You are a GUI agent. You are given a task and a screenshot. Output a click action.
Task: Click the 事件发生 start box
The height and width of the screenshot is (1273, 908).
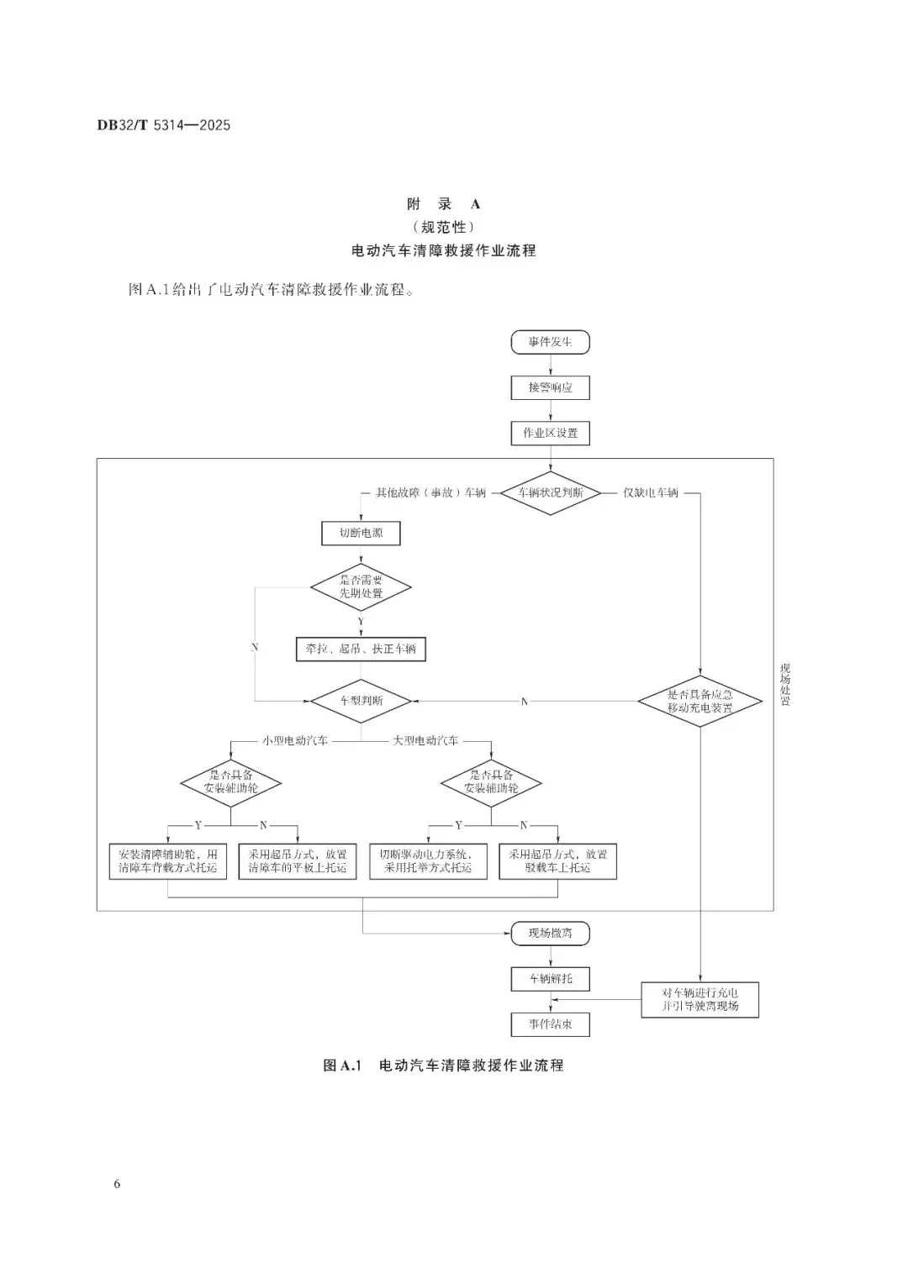[551, 342]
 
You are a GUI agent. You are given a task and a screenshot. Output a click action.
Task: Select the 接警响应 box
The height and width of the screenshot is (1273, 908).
[551, 387]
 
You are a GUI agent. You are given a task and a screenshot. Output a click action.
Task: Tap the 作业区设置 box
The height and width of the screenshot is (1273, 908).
[551, 434]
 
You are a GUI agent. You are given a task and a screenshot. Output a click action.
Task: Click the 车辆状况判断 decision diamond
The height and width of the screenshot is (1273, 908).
[551, 492]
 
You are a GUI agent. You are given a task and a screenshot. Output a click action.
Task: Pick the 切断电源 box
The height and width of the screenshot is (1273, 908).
[361, 533]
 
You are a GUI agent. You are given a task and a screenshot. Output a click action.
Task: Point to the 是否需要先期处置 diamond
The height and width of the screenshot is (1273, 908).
[361, 587]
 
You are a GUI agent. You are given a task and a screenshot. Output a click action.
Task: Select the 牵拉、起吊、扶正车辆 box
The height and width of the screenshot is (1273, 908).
[361, 649]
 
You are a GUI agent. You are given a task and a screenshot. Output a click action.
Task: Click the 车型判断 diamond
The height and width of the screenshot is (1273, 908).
[361, 700]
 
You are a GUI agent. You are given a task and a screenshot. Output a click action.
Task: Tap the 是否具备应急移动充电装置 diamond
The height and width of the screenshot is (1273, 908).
[699, 701]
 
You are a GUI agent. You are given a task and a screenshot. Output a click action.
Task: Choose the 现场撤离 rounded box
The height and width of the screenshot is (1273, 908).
[551, 933]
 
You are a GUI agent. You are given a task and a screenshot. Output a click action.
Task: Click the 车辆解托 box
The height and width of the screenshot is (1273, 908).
[551, 979]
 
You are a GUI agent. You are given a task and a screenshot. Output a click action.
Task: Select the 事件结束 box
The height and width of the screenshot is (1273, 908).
[551, 1024]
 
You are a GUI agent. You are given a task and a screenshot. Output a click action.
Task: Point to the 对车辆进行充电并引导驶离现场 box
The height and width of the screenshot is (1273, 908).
[699, 999]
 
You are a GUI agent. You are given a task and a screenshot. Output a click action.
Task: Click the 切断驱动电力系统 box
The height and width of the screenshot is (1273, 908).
[428, 861]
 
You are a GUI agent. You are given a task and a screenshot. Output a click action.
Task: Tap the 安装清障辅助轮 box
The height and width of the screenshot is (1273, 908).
[168, 861]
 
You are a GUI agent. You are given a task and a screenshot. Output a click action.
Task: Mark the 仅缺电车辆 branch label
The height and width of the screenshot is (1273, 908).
[650, 492]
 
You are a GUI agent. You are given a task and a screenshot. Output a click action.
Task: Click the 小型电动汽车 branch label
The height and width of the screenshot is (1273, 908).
[294, 741]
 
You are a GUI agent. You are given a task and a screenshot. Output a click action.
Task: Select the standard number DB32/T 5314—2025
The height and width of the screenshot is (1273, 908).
[164, 126]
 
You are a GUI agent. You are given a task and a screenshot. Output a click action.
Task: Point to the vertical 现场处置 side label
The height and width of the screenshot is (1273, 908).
[785, 685]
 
